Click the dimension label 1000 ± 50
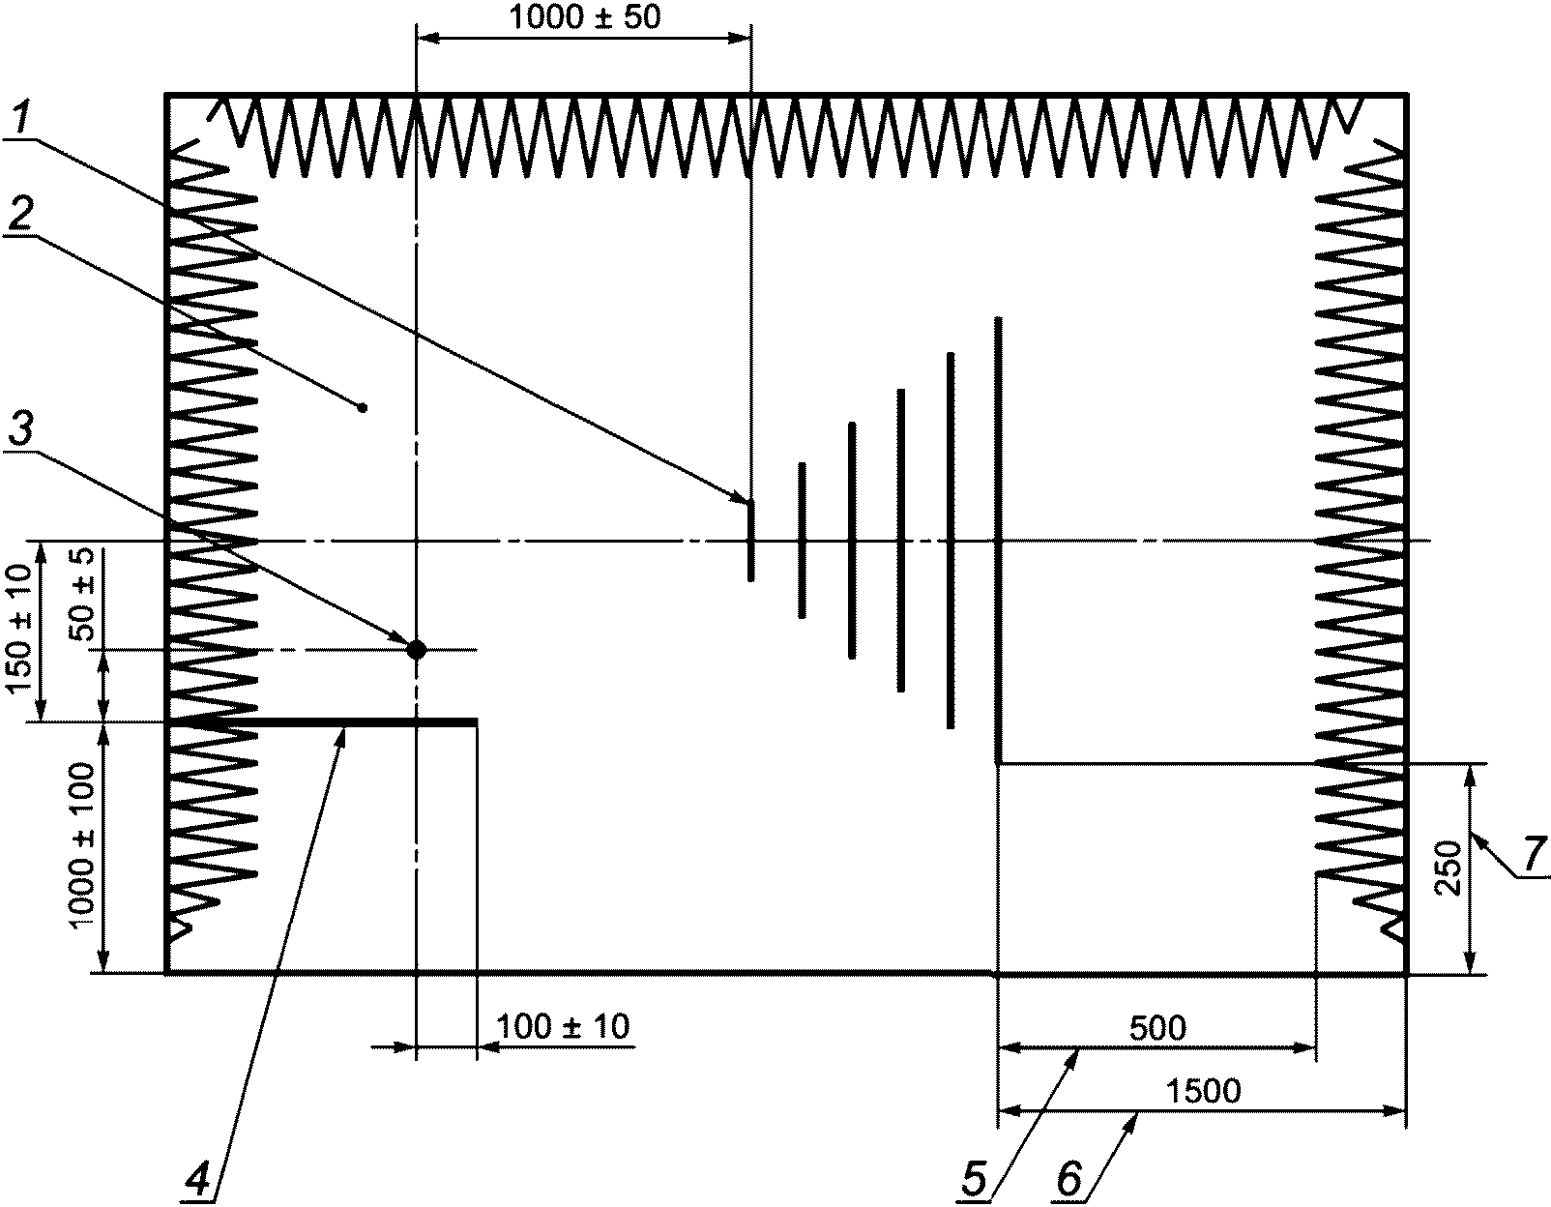coord(585,17)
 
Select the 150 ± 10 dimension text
coord(20,628)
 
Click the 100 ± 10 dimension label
coord(563,1027)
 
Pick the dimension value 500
coord(1157,1028)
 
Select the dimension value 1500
coord(1204,1091)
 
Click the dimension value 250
coord(1449,868)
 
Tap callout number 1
coord(23,119)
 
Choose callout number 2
coord(20,213)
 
